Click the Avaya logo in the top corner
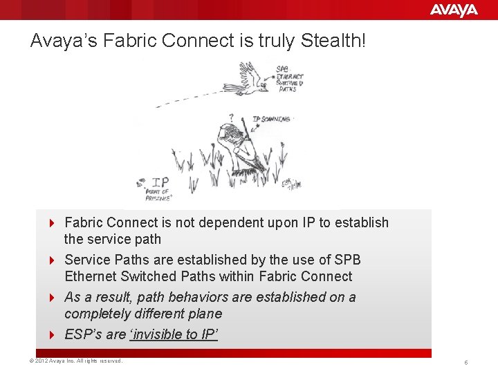click(x=454, y=10)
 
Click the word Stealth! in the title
click(x=333, y=41)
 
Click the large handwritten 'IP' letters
click(x=160, y=183)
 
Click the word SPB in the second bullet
click(x=347, y=260)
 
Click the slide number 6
click(x=467, y=363)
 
